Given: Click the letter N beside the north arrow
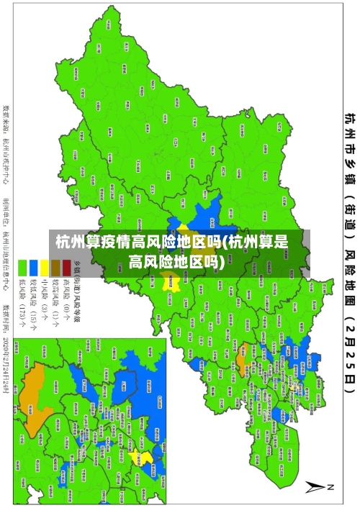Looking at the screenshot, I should [331, 487].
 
